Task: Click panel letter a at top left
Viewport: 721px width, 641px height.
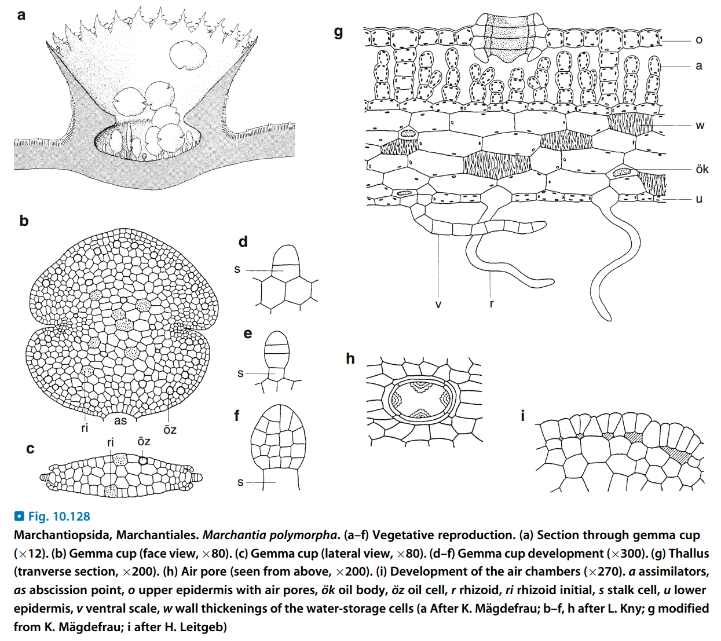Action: coord(21,15)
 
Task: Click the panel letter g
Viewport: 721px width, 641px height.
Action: coord(339,32)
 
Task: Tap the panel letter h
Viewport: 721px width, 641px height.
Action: coord(350,358)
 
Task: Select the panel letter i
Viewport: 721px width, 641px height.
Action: coord(523,415)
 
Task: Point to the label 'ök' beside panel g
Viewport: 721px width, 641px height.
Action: coord(702,169)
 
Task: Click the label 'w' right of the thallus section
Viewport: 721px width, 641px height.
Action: coord(700,125)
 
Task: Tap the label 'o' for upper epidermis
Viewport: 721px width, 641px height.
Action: coord(699,40)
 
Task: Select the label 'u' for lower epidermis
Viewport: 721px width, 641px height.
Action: coord(699,199)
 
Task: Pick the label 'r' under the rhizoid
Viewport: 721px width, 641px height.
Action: coord(492,303)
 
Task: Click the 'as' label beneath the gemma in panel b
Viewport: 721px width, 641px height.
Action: coord(120,420)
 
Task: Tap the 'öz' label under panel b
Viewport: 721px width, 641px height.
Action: coord(170,430)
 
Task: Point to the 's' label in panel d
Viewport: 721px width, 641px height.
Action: coord(237,269)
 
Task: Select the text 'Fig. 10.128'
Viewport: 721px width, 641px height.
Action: coord(59,516)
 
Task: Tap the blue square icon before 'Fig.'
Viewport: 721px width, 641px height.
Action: coord(19,516)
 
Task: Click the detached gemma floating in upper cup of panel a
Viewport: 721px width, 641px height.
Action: coord(188,54)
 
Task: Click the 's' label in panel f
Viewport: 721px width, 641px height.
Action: coord(240,482)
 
